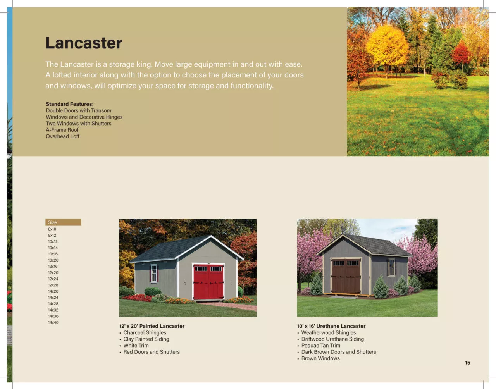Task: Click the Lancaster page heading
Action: tap(84, 43)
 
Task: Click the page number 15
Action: tap(467, 363)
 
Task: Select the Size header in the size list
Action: tap(53, 222)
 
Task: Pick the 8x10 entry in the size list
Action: tap(52, 229)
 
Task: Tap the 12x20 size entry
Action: tap(53, 272)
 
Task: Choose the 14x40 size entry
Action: tap(53, 322)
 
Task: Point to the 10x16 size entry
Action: tap(53, 254)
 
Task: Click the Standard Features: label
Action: tap(70, 104)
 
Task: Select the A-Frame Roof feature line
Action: tap(62, 130)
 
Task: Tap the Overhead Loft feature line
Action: tap(62, 136)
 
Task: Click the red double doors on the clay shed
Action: tap(208, 282)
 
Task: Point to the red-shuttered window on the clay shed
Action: tap(154, 273)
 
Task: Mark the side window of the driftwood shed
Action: tap(392, 267)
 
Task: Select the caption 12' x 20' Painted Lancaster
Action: tap(152, 326)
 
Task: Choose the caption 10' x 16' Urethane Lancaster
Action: tap(331, 326)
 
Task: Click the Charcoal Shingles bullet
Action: tap(145, 332)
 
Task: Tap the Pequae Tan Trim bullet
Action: tap(320, 346)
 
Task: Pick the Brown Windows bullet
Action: tap(320, 358)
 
